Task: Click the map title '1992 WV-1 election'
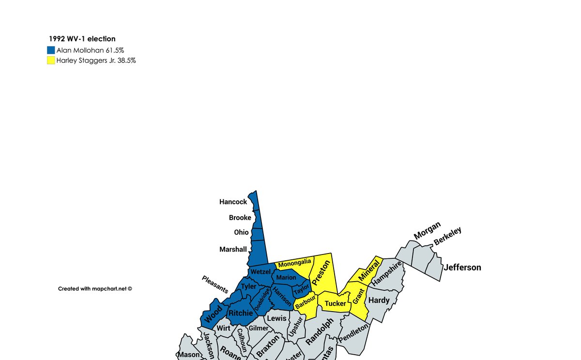(82, 39)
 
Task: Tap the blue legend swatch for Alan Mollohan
(51, 50)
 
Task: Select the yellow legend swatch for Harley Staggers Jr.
(51, 60)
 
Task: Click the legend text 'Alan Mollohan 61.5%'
(90, 50)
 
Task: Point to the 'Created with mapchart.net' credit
(95, 288)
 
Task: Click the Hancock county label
(233, 202)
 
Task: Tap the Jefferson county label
(462, 267)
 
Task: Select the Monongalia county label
(294, 263)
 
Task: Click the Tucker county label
(336, 303)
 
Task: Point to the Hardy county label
(379, 300)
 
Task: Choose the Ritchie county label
(241, 313)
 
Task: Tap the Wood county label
(214, 314)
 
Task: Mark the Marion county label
(286, 277)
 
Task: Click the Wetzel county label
(260, 271)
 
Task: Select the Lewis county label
(277, 318)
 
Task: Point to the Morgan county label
(427, 230)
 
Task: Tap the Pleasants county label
(215, 285)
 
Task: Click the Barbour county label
(306, 303)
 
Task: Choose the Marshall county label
(233, 249)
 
